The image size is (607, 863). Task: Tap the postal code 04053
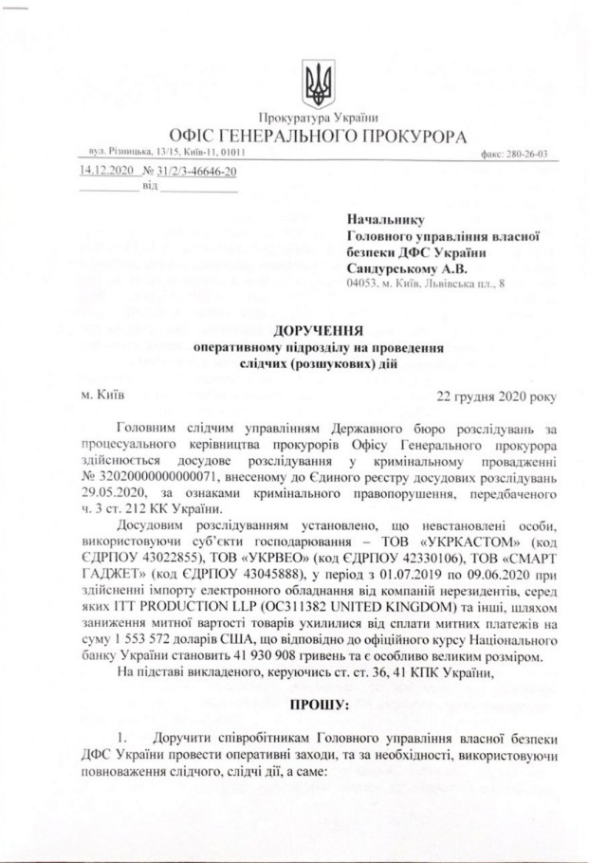(365, 284)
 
